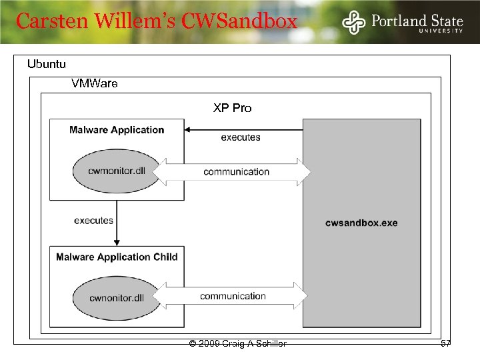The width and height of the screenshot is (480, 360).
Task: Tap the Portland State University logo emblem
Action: tap(354, 22)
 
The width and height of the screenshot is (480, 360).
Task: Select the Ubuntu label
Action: tap(46, 65)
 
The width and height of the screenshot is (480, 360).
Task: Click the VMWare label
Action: tap(94, 84)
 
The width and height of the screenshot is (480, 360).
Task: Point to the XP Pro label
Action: tap(232, 107)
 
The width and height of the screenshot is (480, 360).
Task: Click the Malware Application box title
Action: tap(117, 130)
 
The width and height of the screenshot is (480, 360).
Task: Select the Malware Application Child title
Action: tap(117, 257)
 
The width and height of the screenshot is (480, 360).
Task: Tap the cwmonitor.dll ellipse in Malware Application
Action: tap(117, 170)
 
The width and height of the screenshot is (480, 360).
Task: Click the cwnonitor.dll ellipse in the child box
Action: tap(117, 297)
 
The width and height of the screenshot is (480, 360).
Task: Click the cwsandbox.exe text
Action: tap(361, 223)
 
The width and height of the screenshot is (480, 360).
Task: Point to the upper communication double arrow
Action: tap(236, 172)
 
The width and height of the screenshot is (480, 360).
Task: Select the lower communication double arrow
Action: tap(233, 296)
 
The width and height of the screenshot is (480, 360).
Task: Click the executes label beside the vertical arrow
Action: tap(93, 221)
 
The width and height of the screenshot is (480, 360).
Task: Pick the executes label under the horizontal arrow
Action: tap(241, 138)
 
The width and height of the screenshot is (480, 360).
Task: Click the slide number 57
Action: tap(445, 343)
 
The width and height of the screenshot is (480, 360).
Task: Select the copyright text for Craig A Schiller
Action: tap(238, 344)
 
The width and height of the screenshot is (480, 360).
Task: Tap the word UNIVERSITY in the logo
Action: tap(439, 30)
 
